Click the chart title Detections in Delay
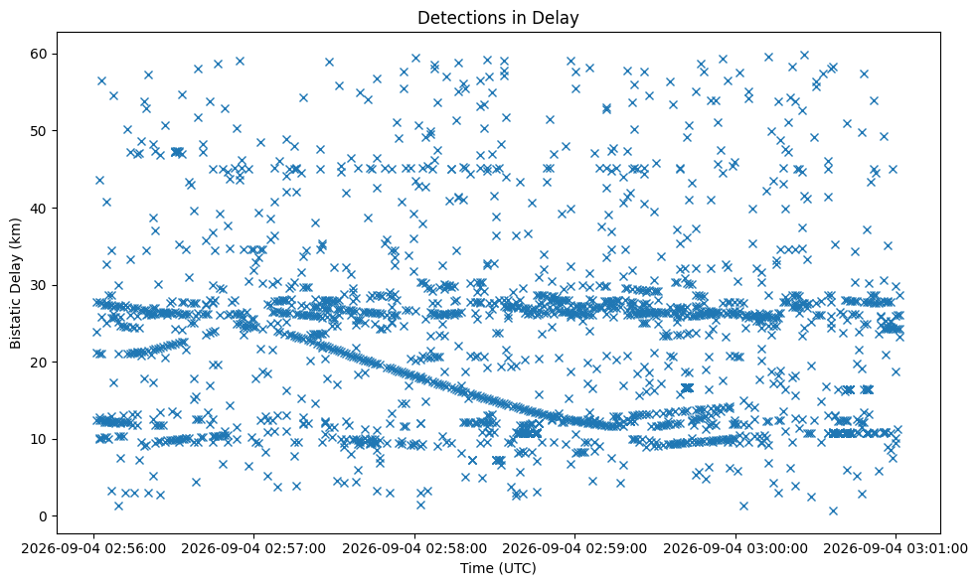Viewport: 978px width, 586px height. tap(498, 18)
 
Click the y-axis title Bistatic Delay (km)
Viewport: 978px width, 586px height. tap(16, 283)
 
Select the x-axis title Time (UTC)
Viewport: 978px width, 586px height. tap(498, 568)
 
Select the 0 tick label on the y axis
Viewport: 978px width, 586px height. tap(44, 516)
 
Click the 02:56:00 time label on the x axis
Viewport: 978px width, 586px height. tap(93, 549)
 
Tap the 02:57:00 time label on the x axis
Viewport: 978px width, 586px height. tap(253, 549)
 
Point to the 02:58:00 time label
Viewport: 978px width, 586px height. tap(414, 549)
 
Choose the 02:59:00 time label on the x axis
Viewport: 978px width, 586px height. tap(575, 549)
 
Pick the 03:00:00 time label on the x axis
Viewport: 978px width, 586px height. tap(735, 549)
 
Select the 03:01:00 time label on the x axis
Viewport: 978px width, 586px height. tap(896, 549)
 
